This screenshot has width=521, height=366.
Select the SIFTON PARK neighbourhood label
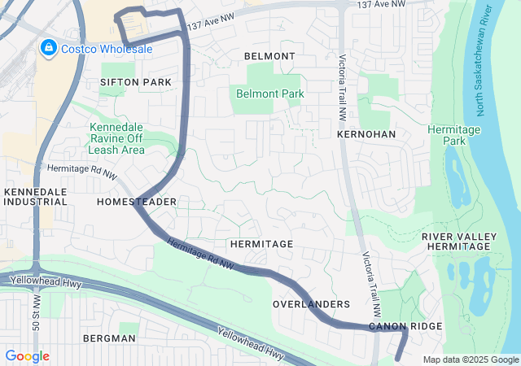[x=136, y=82]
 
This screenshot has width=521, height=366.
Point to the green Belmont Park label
[x=269, y=94]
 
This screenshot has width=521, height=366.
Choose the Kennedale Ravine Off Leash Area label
[x=117, y=139]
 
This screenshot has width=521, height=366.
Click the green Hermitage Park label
[x=454, y=135]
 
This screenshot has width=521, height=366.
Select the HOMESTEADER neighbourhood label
[x=137, y=201]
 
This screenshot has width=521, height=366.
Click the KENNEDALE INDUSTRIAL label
[x=35, y=197]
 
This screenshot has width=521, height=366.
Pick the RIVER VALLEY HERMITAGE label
[x=458, y=242]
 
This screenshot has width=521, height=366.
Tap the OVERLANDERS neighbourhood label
[x=311, y=304]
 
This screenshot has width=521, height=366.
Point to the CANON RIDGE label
[x=405, y=326]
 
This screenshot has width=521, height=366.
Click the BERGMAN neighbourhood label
[x=108, y=338]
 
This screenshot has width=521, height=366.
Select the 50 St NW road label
[x=37, y=308]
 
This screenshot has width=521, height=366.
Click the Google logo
[x=27, y=356]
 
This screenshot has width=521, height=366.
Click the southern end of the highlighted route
[x=397, y=358]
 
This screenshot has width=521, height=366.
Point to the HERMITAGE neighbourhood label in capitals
[x=260, y=244]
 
